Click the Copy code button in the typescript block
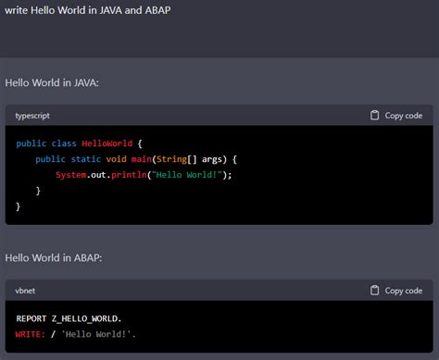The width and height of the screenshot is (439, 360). click(396, 116)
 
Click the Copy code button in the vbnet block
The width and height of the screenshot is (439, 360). click(396, 291)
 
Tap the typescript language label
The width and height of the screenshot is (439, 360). click(32, 116)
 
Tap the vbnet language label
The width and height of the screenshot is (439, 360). click(25, 291)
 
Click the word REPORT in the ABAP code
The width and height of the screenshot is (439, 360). click(32, 318)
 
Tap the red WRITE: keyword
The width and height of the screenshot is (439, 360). click(32, 333)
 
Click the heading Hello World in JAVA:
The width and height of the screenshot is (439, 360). click(52, 83)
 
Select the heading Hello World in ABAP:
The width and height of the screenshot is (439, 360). click(52, 257)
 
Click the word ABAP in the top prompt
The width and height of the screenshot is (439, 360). click(156, 9)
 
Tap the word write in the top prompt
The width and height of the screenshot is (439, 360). click(18, 9)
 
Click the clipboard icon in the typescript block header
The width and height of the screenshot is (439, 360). click(374, 116)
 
